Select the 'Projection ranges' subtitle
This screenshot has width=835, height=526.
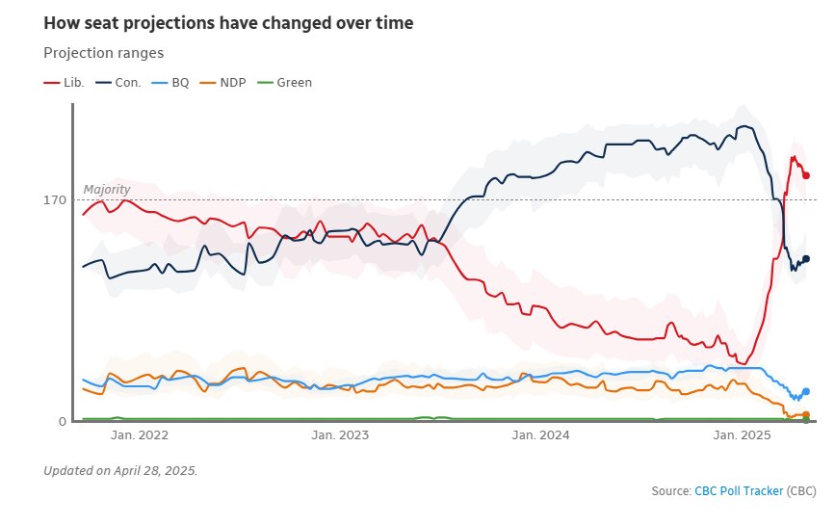[x=104, y=53]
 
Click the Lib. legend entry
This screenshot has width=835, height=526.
[x=65, y=83]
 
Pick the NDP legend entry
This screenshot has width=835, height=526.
[x=224, y=83]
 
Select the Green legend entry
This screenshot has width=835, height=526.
[x=284, y=83]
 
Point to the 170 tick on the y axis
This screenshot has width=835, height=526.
[x=54, y=200]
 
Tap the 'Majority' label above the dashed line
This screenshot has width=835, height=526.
[x=107, y=190]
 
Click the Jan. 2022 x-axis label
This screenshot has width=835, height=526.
[x=141, y=436]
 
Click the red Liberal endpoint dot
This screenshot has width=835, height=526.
[x=806, y=175]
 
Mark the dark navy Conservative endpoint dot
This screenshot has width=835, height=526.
[x=806, y=258]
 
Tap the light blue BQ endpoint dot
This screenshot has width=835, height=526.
[x=806, y=391]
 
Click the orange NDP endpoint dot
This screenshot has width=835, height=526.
[x=806, y=414]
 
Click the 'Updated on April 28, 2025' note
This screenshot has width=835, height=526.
[x=120, y=470]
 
